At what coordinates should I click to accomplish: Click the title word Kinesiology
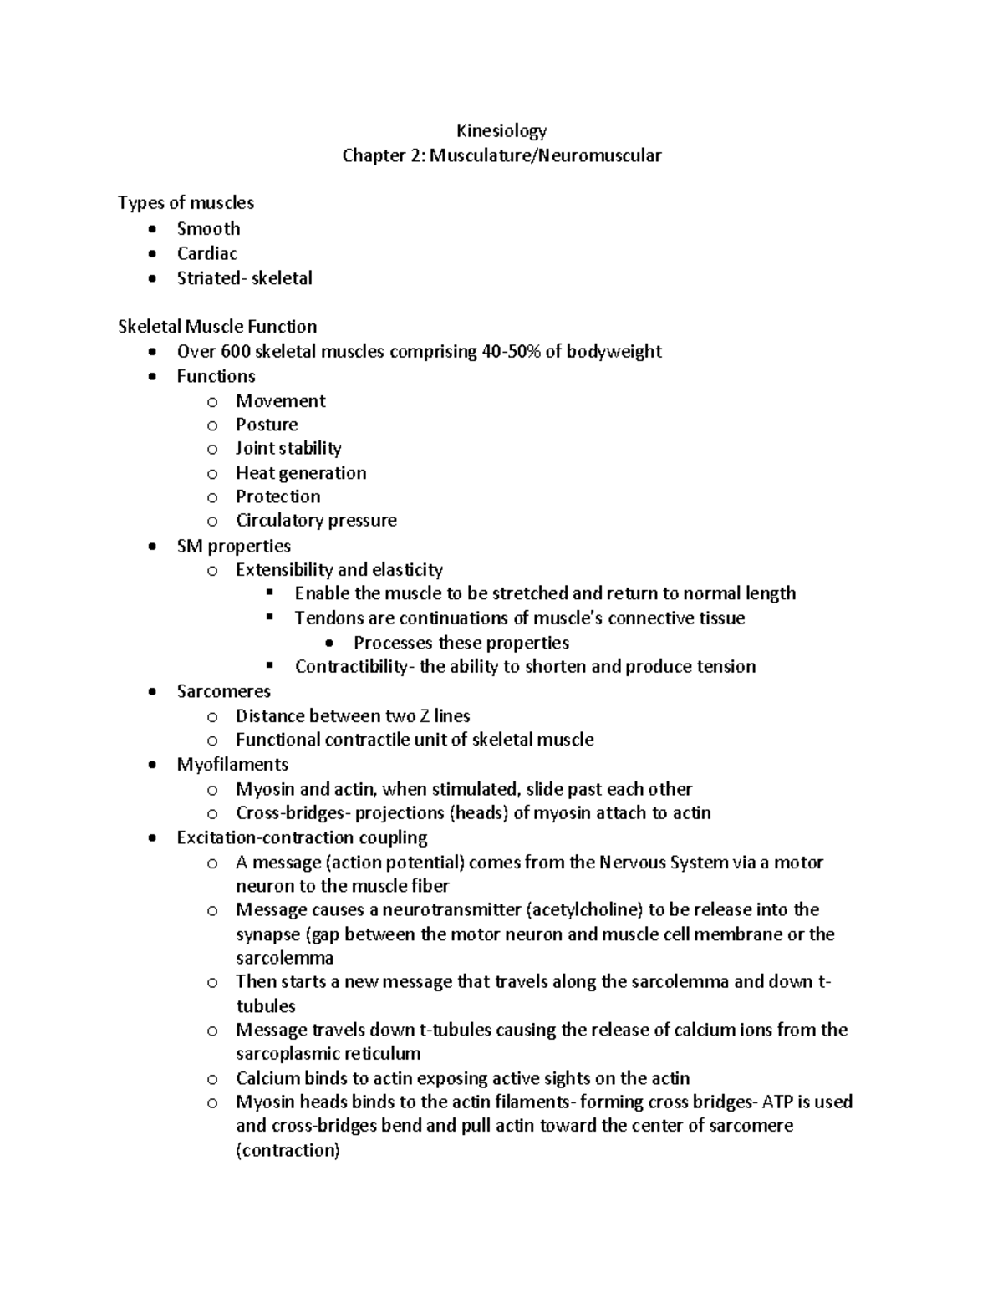(501, 131)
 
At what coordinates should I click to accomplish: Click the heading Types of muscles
(186, 203)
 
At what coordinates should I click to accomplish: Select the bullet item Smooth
(208, 229)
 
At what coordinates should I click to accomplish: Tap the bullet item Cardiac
(206, 253)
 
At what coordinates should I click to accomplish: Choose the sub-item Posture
(266, 425)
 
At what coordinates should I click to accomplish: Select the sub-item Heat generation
(300, 473)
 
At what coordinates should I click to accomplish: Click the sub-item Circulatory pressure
(316, 521)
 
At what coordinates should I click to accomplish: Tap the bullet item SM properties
(233, 547)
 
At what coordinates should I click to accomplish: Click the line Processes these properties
(461, 643)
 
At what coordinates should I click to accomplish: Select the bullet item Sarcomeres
(223, 692)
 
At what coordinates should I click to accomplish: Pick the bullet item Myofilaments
(232, 765)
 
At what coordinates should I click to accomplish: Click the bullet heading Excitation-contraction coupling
(302, 837)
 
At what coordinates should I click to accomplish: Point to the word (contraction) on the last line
(288, 1151)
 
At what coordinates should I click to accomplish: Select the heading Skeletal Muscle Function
(217, 327)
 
